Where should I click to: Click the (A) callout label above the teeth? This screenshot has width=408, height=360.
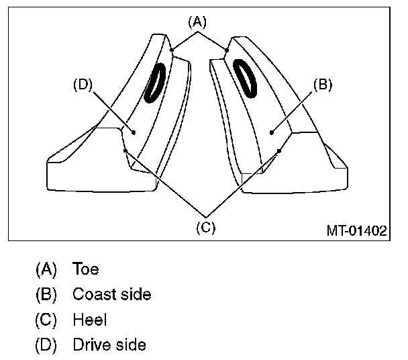[x=197, y=21]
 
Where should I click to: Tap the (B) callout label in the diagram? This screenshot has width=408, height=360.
[x=323, y=85]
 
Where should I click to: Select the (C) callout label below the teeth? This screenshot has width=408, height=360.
[x=205, y=226]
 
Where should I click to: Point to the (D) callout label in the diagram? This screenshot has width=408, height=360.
[x=82, y=85]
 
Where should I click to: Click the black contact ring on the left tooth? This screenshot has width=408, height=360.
[x=155, y=83]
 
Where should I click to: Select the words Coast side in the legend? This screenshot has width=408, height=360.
[x=111, y=295]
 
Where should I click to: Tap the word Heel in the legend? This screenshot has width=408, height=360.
[x=89, y=320]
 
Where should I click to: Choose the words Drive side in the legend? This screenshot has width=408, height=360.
[x=109, y=346]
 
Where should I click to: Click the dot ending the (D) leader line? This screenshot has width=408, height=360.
[x=134, y=133]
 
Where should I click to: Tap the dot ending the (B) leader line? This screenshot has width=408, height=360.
[x=272, y=133]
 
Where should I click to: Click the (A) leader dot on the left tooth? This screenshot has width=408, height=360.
[x=172, y=48]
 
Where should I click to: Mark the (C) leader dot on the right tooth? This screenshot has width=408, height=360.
[x=279, y=150]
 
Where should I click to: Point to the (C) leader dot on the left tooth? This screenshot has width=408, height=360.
[x=125, y=150]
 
